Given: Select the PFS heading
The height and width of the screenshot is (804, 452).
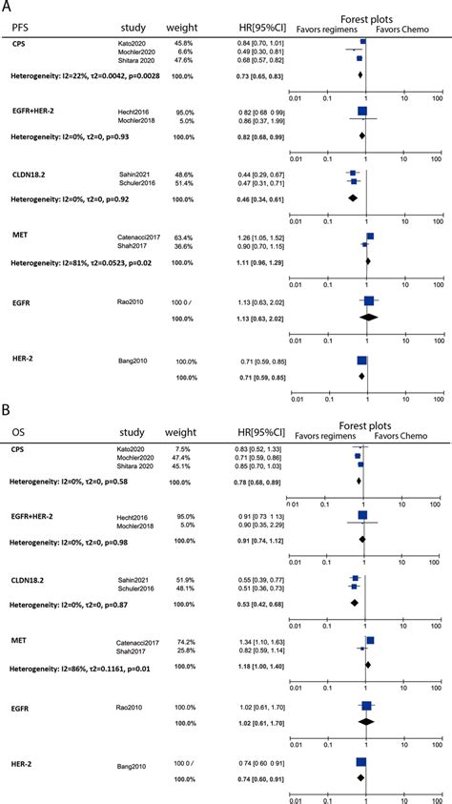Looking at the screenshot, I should [x=20, y=28].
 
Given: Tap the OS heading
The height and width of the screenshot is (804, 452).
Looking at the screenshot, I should [x=18, y=431].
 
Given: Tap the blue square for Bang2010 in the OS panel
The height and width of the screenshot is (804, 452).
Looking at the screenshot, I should [x=361, y=736].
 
